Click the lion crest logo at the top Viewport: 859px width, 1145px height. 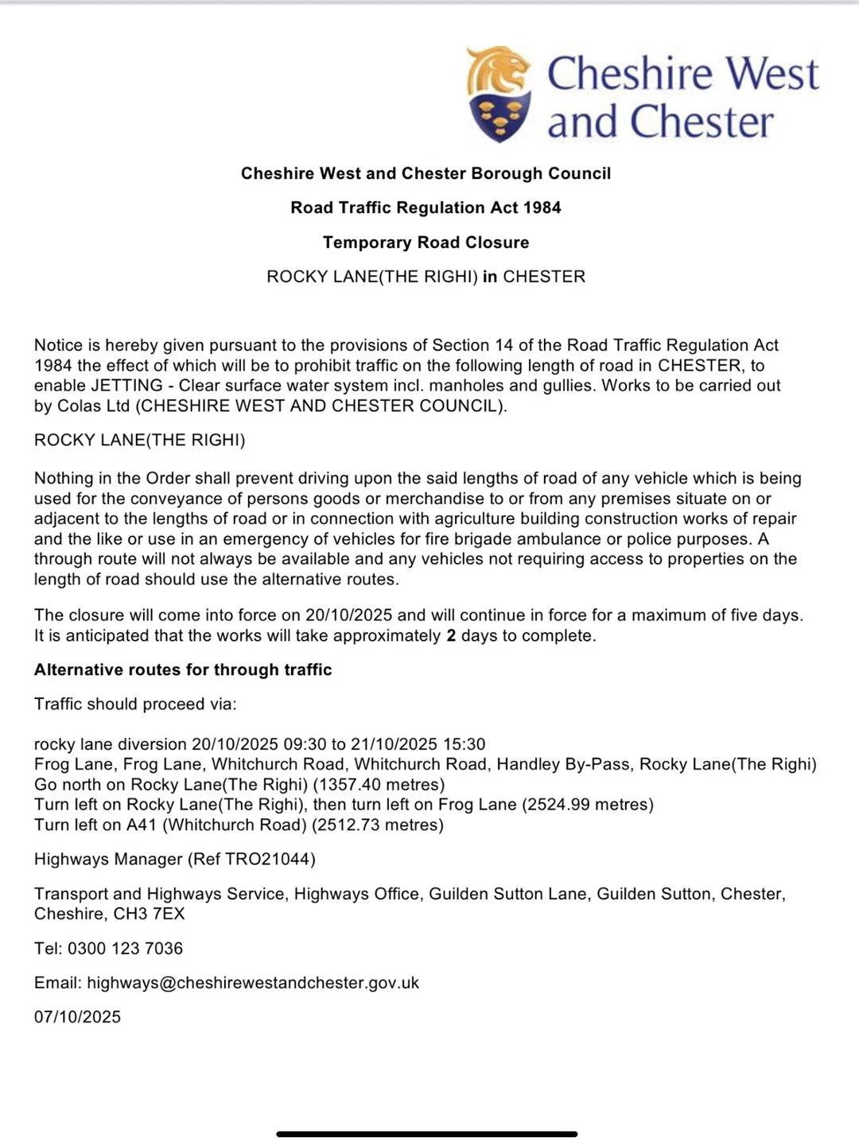[499, 94]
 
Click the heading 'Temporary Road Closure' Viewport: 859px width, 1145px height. [426, 243]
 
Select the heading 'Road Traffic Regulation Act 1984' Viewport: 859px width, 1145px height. [426, 208]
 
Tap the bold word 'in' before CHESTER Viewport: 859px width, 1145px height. [490, 277]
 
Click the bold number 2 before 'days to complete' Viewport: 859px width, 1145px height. [451, 636]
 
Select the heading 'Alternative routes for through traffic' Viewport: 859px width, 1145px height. [183, 670]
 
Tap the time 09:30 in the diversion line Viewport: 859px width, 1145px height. [305, 744]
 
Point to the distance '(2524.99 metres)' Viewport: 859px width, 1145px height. [588, 805]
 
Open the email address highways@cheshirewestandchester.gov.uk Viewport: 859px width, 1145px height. [253, 983]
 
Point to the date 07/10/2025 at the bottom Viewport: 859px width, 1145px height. [77, 1017]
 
